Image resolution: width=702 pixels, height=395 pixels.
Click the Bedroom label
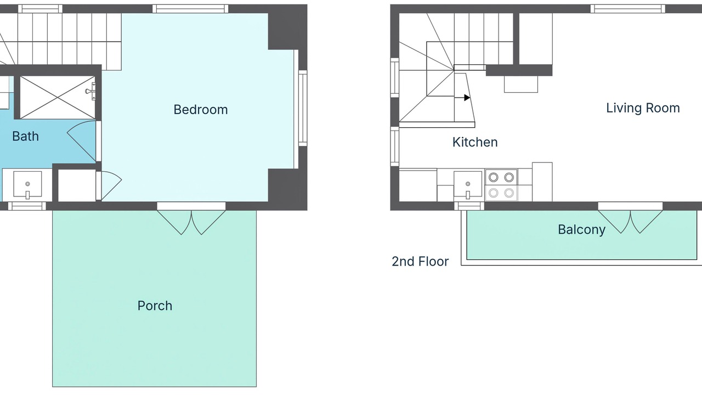pyautogui.click(x=201, y=110)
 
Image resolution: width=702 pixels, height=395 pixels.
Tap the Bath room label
pyautogui.click(x=25, y=137)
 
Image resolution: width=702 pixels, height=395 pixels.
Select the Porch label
pyautogui.click(x=155, y=306)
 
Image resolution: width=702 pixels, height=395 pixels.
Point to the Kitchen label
pyautogui.click(x=475, y=142)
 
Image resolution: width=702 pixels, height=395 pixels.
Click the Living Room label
pyautogui.click(x=643, y=108)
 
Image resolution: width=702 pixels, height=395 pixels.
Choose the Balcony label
pyautogui.click(x=581, y=229)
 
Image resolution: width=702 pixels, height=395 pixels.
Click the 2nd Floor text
pyautogui.click(x=420, y=262)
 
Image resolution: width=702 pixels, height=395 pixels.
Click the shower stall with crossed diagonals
pyautogui.click(x=58, y=98)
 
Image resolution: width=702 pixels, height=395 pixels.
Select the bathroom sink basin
pyautogui.click(x=27, y=184)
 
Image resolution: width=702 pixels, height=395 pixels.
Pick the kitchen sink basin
pyautogui.click(x=468, y=185)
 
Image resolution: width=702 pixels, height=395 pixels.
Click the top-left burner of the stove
pyautogui.click(x=493, y=177)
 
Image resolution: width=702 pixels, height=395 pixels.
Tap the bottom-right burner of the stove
pyautogui.click(x=509, y=193)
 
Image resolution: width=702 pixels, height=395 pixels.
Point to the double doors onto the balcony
pyautogui.click(x=630, y=221)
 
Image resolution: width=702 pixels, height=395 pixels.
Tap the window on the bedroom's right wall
pyautogui.click(x=302, y=108)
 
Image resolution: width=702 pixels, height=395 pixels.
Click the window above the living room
pyautogui.click(x=628, y=9)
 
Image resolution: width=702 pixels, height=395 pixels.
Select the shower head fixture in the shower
pyautogui.click(x=90, y=91)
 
